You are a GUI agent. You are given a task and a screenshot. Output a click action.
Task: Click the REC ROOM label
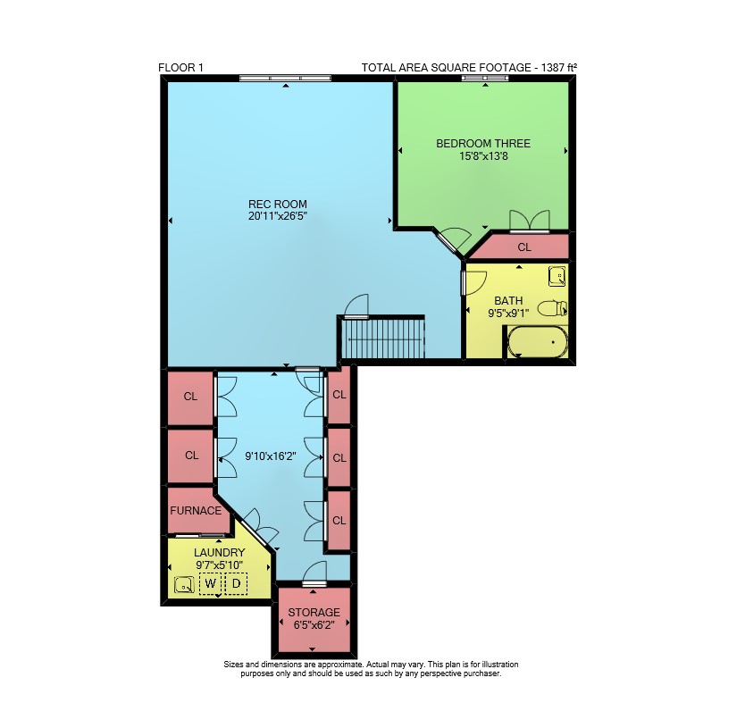click(x=278, y=205)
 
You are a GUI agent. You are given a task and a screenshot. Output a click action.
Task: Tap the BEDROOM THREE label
click(x=483, y=144)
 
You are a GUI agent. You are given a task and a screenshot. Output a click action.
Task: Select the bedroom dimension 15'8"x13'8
click(x=483, y=156)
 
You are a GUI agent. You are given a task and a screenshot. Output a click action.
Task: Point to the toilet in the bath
click(x=552, y=308)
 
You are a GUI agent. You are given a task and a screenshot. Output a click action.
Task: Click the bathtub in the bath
click(x=538, y=342)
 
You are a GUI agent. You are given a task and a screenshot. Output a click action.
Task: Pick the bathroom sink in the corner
click(x=557, y=276)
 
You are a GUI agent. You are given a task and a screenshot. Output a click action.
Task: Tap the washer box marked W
click(x=210, y=583)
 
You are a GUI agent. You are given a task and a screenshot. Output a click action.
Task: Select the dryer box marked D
click(x=236, y=583)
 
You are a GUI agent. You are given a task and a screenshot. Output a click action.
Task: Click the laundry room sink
click(x=184, y=585)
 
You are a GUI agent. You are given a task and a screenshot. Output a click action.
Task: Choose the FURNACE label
click(x=196, y=511)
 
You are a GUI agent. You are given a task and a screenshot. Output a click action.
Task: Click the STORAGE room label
click(x=314, y=613)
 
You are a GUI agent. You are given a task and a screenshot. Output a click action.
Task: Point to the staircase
click(x=383, y=339)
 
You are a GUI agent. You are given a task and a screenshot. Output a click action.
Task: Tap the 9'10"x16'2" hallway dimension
click(x=271, y=456)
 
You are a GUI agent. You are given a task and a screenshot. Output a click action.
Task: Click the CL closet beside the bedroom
click(x=524, y=247)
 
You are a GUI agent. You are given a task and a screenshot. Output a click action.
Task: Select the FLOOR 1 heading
click(x=180, y=68)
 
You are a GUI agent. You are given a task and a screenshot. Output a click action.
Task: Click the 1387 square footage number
click(x=552, y=68)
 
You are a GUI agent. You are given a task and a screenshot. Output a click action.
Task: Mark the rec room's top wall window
click(x=285, y=79)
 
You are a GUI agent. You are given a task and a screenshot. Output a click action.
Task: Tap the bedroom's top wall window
click(x=485, y=79)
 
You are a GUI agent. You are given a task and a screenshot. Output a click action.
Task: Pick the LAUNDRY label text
click(x=220, y=553)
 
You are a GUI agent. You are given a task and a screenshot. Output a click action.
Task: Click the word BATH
click(x=508, y=301)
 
